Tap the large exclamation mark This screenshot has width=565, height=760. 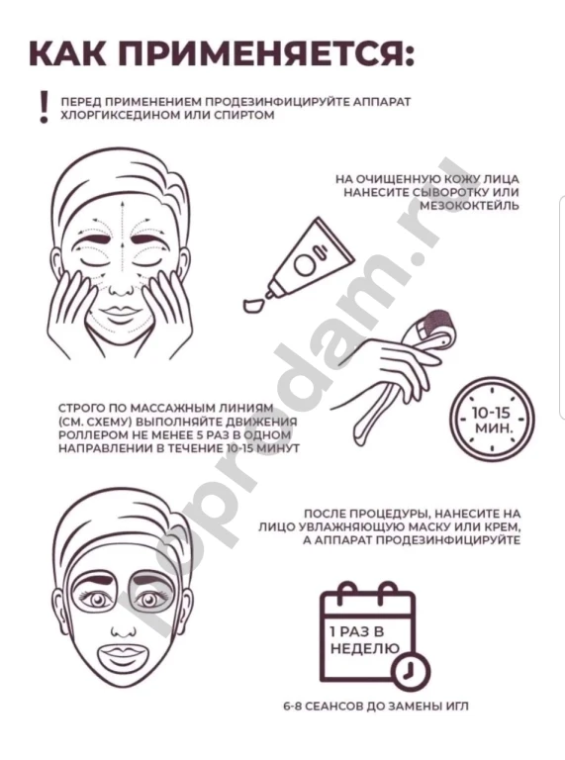(x=45, y=107)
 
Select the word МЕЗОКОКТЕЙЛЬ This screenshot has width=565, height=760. (x=469, y=206)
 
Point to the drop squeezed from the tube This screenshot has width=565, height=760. (x=252, y=306)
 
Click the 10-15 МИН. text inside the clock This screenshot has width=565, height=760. (x=492, y=420)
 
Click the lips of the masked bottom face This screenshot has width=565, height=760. (x=121, y=652)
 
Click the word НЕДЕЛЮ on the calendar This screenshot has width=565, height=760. (x=364, y=648)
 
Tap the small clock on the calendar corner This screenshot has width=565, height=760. (x=412, y=671)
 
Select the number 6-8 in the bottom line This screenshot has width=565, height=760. (x=294, y=707)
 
